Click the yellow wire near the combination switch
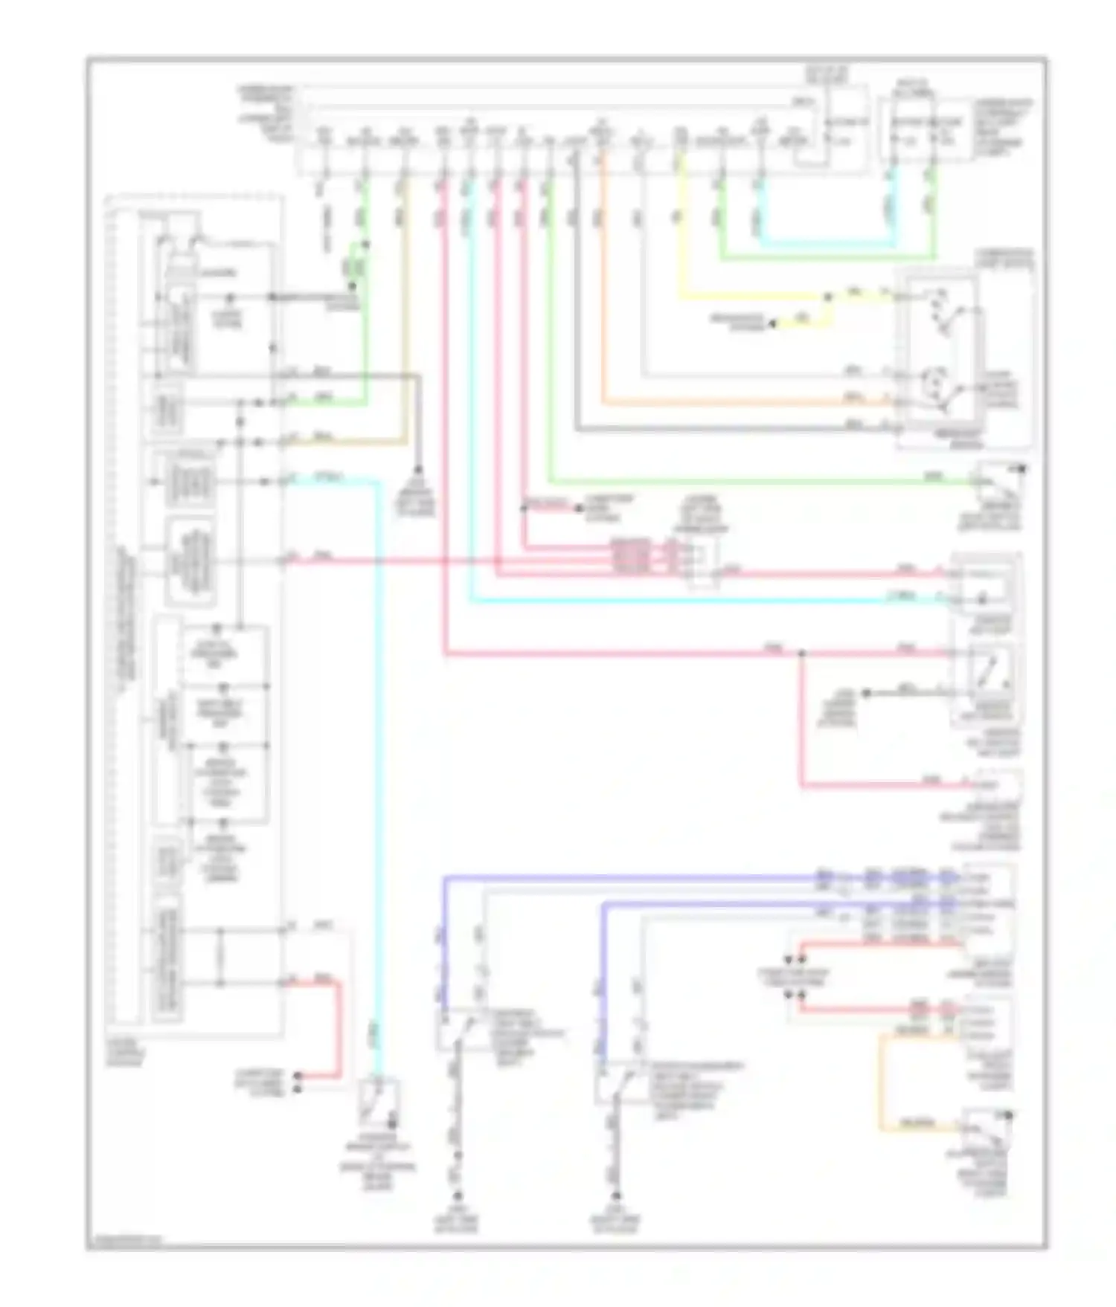click(x=744, y=298)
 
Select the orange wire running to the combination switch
click(x=744, y=404)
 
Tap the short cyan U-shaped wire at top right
click(x=826, y=242)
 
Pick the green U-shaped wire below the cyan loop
click(x=826, y=259)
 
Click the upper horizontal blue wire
click(x=632, y=878)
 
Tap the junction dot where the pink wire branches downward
click(x=801, y=654)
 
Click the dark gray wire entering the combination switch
click(x=744, y=430)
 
